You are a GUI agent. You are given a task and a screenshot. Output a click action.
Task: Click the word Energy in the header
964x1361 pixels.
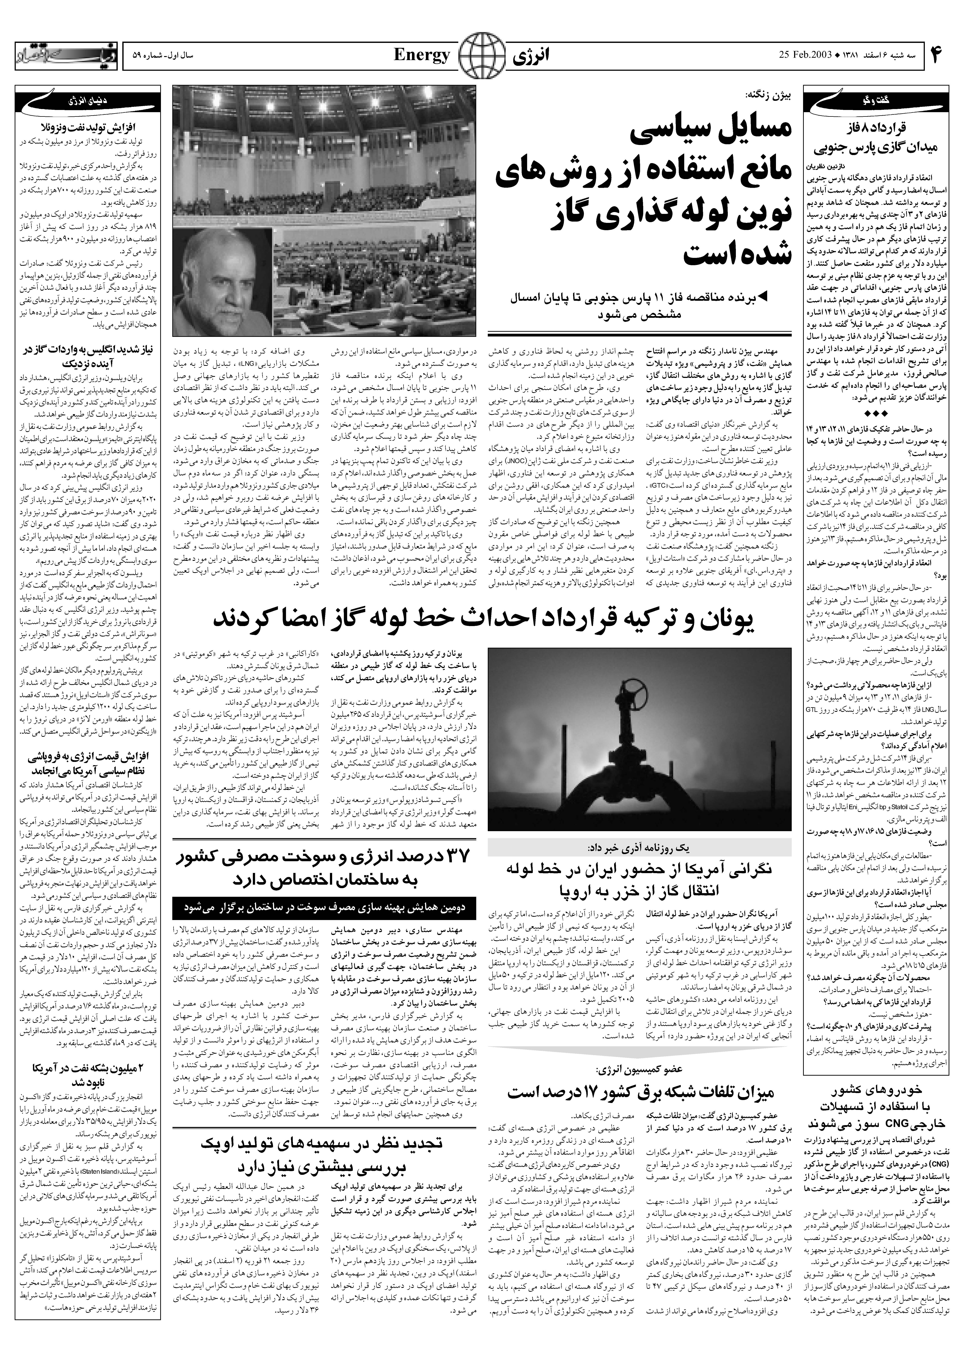421,56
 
